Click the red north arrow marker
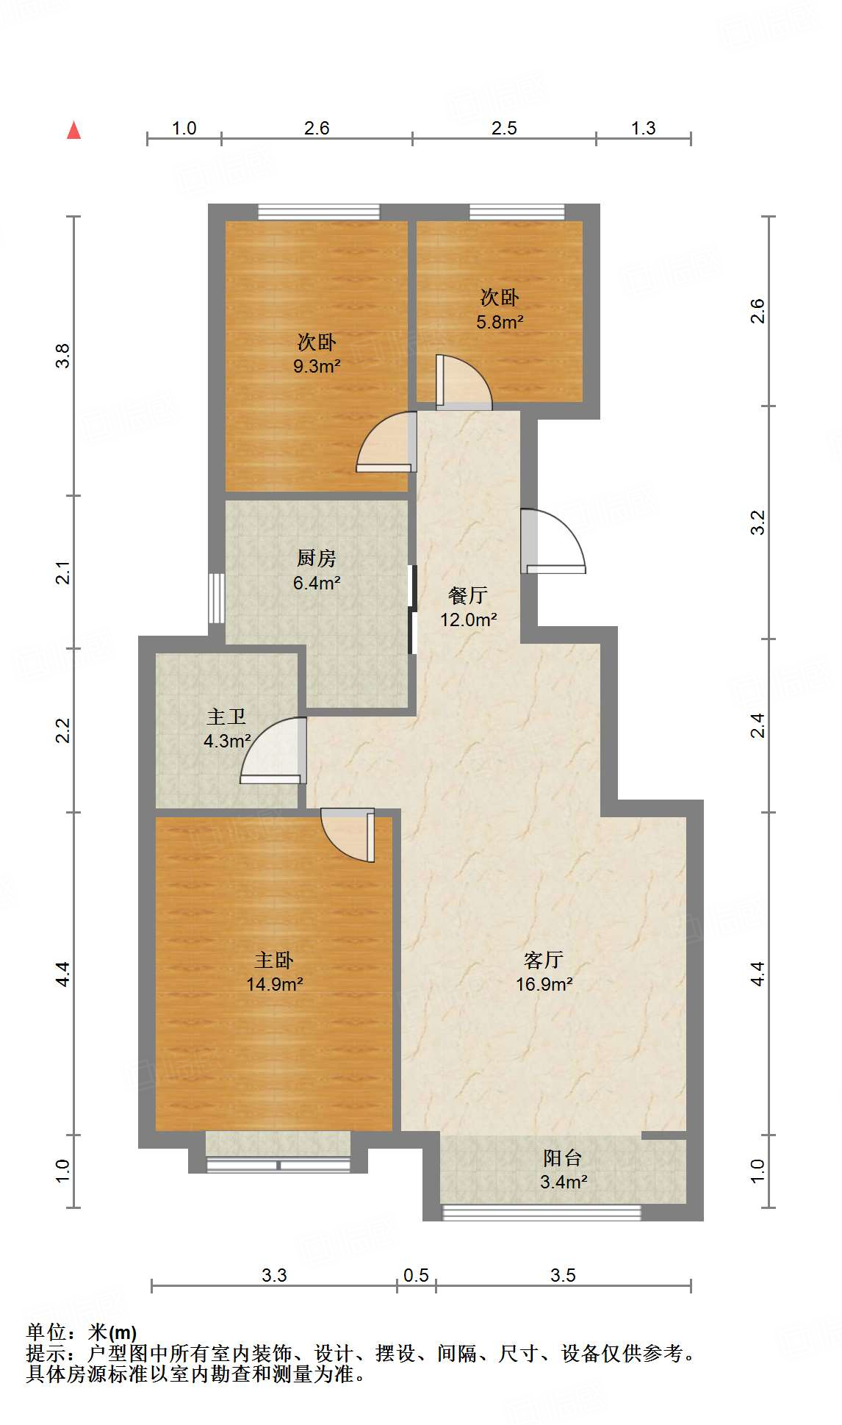point(73,131)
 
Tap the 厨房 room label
point(317,559)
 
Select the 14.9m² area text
point(275,984)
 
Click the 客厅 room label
point(544,960)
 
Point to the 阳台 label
point(563,1158)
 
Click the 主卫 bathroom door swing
point(276,750)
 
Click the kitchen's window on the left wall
point(216,598)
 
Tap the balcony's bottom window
point(541,1213)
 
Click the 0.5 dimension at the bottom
point(416,1275)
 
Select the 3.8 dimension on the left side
point(63,356)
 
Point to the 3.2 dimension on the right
point(758,522)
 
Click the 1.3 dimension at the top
point(643,128)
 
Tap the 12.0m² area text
point(469,620)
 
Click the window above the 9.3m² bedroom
point(318,212)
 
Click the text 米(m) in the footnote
point(112,1332)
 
